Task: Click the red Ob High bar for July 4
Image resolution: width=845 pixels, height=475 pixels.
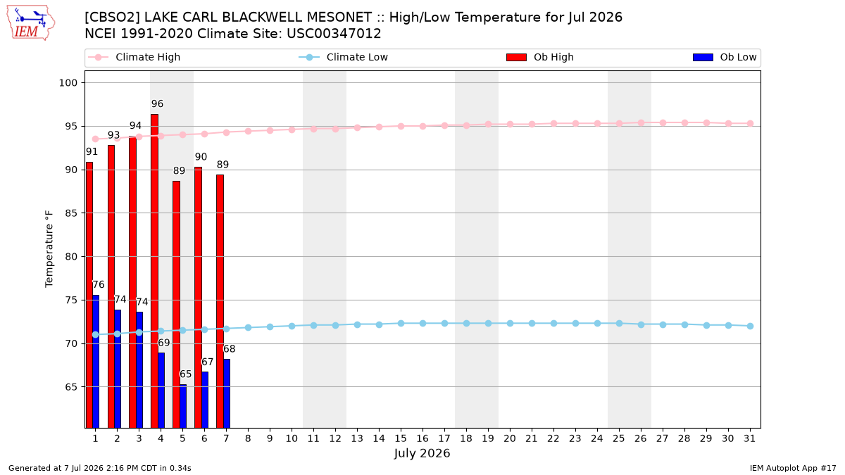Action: coord(154,271)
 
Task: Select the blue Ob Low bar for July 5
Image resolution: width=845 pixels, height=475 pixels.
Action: coord(183,406)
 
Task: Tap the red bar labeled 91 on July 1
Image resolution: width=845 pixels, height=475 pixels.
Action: coord(89,295)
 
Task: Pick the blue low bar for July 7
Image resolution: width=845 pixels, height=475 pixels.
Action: coord(227,393)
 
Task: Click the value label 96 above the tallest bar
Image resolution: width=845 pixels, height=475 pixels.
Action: coord(157,103)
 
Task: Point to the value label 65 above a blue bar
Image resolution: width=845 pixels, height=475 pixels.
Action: coord(185,374)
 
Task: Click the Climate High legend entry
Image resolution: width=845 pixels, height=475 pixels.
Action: coord(134,57)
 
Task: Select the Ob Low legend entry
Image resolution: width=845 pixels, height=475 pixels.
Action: coord(725,57)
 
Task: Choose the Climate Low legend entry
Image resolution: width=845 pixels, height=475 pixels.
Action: coord(343,57)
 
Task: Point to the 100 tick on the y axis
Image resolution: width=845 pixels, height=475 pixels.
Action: coord(68,83)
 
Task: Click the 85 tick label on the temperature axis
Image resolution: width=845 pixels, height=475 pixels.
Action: coord(72,213)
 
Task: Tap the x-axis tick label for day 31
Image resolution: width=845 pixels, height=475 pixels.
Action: coord(749,438)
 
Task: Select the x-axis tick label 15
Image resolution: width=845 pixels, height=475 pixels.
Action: coord(401,438)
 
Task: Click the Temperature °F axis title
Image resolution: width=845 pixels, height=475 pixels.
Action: coord(49,249)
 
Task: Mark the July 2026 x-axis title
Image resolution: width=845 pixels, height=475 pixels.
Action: coord(422,453)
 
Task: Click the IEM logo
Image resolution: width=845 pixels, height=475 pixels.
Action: coord(30,23)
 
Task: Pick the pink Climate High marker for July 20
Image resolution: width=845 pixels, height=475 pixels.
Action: coord(510,124)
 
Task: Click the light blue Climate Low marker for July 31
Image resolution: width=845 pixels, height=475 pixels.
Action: coord(750,326)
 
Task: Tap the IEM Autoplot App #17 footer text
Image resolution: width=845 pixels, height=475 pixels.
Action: coord(793,468)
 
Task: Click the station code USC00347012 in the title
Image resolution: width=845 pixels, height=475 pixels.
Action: coord(334,34)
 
